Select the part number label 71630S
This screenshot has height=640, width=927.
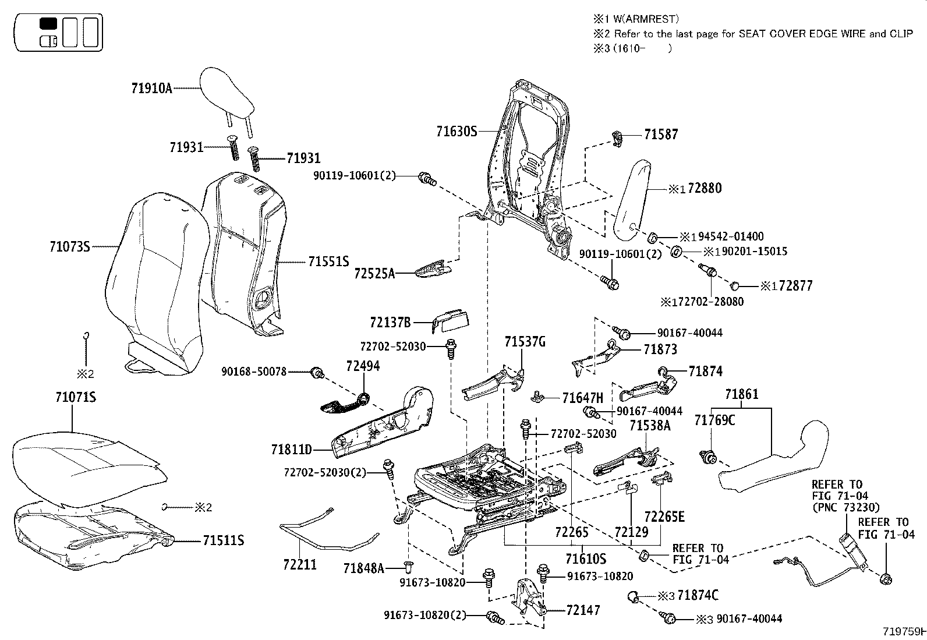tap(457, 132)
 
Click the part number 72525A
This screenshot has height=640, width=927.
tap(374, 273)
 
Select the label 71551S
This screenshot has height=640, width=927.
tap(328, 261)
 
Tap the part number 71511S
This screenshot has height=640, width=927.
tap(223, 541)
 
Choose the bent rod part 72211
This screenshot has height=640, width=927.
tap(326, 533)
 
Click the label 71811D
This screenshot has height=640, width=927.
tap(291, 450)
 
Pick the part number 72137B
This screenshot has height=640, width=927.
tap(390, 322)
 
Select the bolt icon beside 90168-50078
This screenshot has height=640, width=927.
tap(318, 373)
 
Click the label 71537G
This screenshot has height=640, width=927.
tap(525, 342)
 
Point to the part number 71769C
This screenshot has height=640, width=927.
tap(714, 420)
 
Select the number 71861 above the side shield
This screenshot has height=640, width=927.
tap(741, 395)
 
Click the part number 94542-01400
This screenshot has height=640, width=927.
tap(731, 236)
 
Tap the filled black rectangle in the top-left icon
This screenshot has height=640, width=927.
tap(48, 24)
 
